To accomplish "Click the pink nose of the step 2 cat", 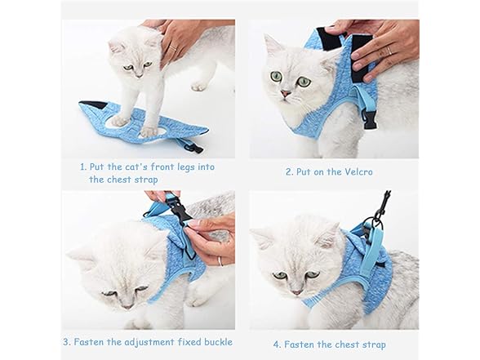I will tap(286, 96).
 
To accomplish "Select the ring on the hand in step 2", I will tap(391, 51).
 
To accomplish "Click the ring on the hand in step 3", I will tap(219, 261).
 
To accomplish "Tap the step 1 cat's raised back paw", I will tap(198, 84).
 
